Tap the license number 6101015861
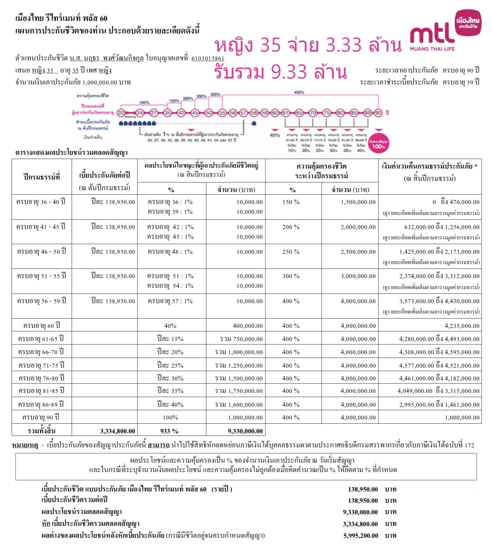pos(208,59)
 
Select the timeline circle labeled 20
pos(121,113)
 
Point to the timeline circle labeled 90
pos(378,113)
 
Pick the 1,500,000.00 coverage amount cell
pos(358,202)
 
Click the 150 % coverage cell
pos(291,202)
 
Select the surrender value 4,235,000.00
pos(462,326)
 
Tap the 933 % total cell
pos(169,431)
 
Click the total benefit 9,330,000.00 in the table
pos(245,431)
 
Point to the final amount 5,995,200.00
pos(361,536)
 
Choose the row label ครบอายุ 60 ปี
pos(42,326)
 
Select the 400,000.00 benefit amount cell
pos(248,326)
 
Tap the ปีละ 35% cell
pos(170,391)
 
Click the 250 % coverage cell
pos(291,252)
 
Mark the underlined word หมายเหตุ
pos(25,445)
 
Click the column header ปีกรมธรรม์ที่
pos(42,177)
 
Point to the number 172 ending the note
pos(469,445)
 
